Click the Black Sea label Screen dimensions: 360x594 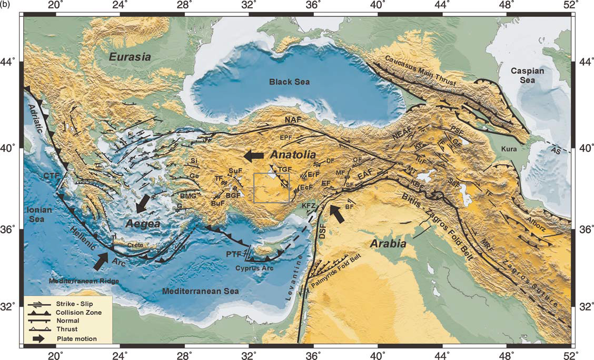(289, 82)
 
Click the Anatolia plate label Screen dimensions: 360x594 (293, 155)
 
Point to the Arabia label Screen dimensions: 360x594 (389, 244)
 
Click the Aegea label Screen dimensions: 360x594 (142, 224)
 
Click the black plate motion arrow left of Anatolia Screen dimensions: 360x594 (254, 155)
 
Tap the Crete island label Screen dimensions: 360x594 (134, 245)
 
